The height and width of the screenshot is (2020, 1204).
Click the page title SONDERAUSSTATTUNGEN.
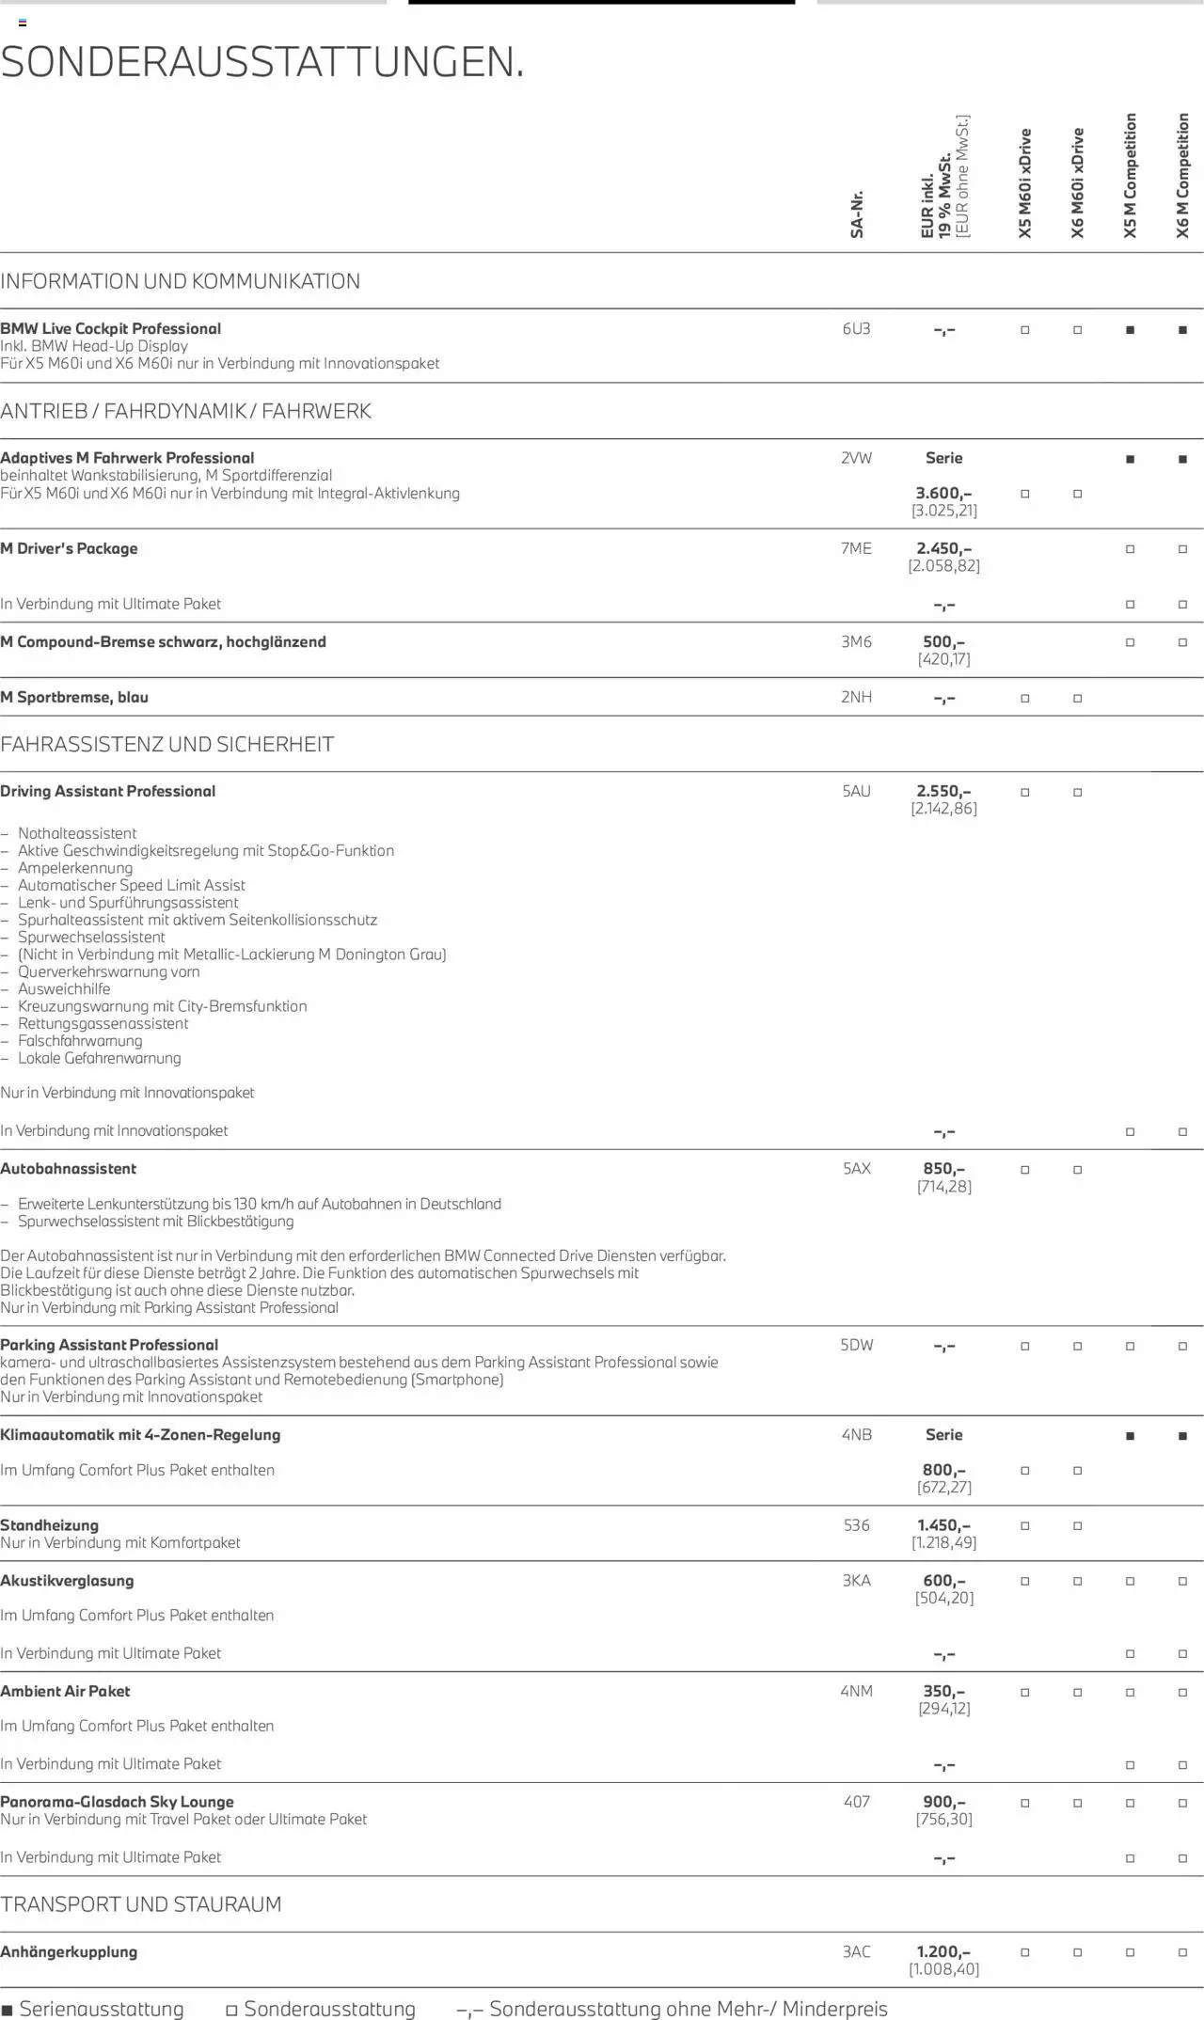click(x=262, y=63)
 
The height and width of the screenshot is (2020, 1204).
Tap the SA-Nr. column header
click(x=857, y=214)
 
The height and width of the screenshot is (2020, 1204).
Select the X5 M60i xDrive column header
click(x=1025, y=183)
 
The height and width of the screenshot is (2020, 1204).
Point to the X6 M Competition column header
click(x=1182, y=176)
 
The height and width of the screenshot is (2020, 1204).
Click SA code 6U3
click(x=856, y=329)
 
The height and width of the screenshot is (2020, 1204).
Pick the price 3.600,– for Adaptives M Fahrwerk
click(x=943, y=493)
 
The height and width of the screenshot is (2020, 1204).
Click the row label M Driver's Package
click(x=69, y=548)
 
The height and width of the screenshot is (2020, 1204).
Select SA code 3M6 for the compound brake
click(x=856, y=641)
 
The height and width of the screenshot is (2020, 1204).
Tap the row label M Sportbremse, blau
click(x=74, y=697)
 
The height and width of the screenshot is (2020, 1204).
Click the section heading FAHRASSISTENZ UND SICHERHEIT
click(x=166, y=745)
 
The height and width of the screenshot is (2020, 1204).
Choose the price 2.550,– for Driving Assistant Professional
click(x=943, y=791)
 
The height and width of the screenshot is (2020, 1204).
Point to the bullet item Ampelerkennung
click(x=75, y=868)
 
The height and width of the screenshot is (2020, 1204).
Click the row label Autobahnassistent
click(x=69, y=1169)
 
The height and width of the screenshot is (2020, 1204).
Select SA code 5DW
click(x=856, y=1345)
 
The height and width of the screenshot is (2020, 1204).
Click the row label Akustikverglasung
click(x=67, y=1581)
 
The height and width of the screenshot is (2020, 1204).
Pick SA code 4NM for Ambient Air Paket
click(x=856, y=1691)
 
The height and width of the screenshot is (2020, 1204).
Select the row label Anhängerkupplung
click(x=69, y=1951)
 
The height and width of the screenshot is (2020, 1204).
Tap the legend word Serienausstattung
click(x=102, y=2009)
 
